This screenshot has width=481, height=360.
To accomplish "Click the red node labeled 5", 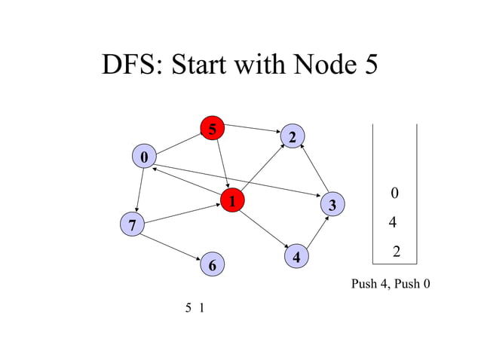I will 213,130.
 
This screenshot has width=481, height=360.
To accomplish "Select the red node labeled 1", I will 233,201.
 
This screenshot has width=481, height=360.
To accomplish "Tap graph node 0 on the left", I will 143,157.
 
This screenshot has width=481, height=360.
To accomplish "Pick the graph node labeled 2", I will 293,136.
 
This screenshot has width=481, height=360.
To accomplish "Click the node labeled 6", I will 213,265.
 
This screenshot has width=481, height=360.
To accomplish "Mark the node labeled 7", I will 133,224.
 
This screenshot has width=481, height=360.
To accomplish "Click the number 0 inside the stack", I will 394,194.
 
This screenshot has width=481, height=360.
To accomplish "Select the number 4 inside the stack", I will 392,224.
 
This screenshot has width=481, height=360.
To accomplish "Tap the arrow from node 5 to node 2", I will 253,130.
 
